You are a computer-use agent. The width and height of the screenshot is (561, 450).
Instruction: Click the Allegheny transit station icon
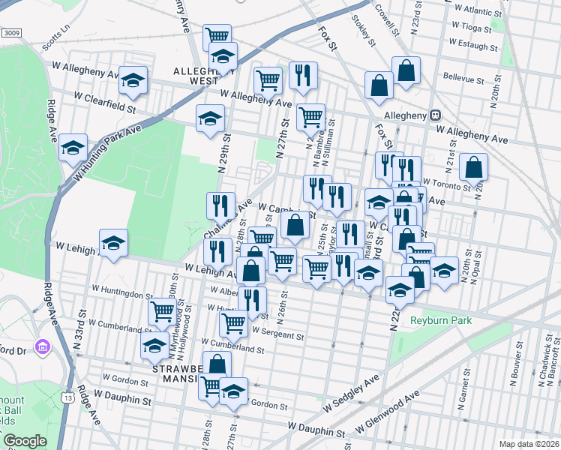click(x=435, y=115)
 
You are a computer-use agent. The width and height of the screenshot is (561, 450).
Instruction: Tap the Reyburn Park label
click(x=440, y=320)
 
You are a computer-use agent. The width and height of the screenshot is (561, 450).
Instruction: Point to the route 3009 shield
click(x=10, y=33)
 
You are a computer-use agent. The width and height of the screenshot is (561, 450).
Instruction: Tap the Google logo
click(x=25, y=441)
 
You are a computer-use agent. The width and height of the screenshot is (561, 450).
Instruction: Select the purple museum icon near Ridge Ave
click(x=42, y=347)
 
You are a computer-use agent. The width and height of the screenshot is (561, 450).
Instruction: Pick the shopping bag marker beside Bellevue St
click(x=406, y=71)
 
